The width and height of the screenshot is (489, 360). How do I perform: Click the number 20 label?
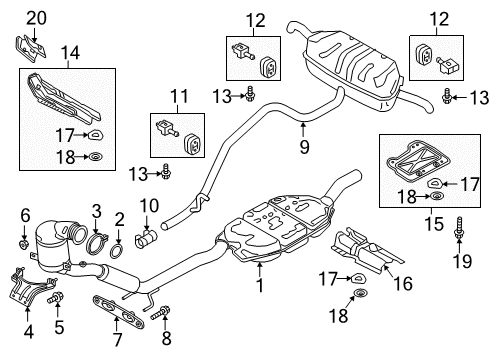point(36,18)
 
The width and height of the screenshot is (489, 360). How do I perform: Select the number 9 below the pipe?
point(304,146)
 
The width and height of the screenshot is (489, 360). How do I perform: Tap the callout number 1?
point(260,285)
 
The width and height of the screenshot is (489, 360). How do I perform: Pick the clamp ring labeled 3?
point(97,244)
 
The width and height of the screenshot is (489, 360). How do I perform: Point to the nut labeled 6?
point(23,245)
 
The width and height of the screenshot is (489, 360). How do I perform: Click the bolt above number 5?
point(56,297)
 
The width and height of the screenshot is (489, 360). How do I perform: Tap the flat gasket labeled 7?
point(118,311)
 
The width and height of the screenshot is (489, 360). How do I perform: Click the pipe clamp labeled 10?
point(146,238)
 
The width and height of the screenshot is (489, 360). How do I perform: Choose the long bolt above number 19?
point(459,228)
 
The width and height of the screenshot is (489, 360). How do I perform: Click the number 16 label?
point(403,283)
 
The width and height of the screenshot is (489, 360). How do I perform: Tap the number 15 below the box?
point(434,223)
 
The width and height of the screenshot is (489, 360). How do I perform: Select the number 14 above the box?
point(70,53)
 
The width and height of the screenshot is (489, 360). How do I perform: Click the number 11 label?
point(179,96)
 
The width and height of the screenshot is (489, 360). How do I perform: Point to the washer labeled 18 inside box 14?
point(96,156)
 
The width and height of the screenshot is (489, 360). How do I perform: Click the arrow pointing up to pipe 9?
point(303,129)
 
